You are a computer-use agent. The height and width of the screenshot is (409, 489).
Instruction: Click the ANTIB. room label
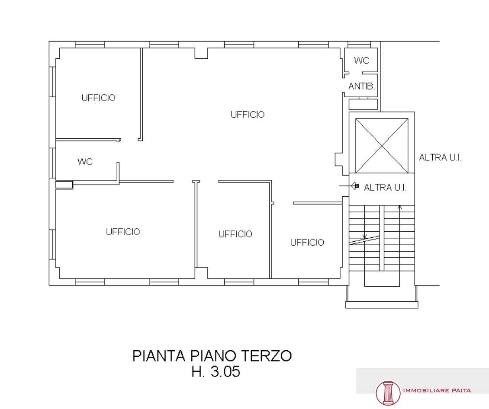pyautogui.click(x=362, y=86)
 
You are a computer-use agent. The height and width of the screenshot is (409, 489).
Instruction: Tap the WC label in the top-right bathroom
pyautogui.click(x=361, y=61)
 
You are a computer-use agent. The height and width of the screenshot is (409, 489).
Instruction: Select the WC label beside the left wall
pyautogui.click(x=85, y=162)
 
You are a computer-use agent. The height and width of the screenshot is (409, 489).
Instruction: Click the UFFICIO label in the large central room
pyautogui.click(x=248, y=115)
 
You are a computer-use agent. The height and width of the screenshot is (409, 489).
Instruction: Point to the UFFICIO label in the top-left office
pyautogui.click(x=98, y=98)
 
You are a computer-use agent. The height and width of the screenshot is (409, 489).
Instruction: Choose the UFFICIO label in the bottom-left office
pyautogui.click(x=123, y=232)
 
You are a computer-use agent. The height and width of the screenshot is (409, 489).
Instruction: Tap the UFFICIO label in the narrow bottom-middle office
pyautogui.click(x=235, y=234)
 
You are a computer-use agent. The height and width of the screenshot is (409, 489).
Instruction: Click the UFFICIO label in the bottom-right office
pyautogui.click(x=307, y=243)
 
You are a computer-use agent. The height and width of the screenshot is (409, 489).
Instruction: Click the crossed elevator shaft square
pyautogui.click(x=382, y=145)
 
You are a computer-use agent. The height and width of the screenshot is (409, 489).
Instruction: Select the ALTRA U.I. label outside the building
pyautogui.click(x=440, y=157)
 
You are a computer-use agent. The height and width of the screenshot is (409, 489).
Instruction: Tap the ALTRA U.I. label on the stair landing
pyautogui.click(x=385, y=187)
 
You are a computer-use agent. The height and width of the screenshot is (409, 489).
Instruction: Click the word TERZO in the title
pyautogui.click(x=267, y=356)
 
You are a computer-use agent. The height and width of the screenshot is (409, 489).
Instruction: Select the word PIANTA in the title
pyautogui.click(x=159, y=356)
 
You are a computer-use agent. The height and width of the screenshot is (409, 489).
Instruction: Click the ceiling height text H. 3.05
pyautogui.click(x=216, y=371)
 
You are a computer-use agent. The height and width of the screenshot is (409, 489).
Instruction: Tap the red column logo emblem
pyautogui.click(x=388, y=393)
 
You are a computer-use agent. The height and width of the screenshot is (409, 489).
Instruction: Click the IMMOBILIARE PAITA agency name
pyautogui.click(x=437, y=390)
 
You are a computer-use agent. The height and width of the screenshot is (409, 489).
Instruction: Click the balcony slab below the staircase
pyautogui.click(x=382, y=305)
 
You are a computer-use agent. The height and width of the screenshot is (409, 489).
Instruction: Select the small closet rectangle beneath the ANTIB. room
pyautogui.click(x=363, y=104)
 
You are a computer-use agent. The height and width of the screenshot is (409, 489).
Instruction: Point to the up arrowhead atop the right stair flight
pyautogui.click(x=399, y=207)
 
